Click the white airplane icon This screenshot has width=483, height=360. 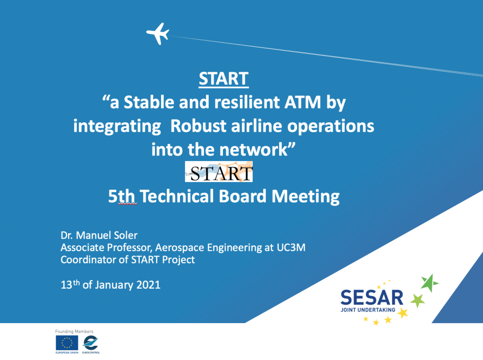point(158,34)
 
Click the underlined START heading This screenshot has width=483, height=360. point(224,79)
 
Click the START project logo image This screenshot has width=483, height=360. point(219,171)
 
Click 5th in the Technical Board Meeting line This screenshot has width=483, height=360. point(122,197)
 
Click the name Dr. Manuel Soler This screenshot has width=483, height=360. point(99,235)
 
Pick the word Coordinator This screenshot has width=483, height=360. point(88,259)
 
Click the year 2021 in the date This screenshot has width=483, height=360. point(148,285)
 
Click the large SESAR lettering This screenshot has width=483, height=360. point(372,298)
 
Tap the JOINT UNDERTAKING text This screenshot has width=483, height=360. point(368,310)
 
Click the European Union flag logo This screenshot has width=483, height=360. point(67,343)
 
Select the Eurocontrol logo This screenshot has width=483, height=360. point(91,343)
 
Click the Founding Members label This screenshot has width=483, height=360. point(74,332)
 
